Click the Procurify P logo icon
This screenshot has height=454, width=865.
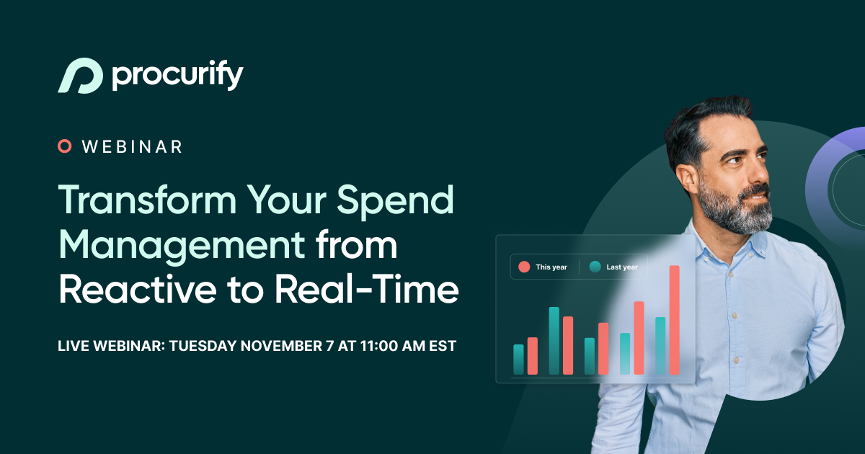79,75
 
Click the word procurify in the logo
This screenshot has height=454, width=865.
177,76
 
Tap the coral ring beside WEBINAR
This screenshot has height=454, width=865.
65,146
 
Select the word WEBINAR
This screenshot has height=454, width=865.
132,147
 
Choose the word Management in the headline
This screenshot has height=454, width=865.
182,245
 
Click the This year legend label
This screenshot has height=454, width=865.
551,267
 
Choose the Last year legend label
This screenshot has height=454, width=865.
621,267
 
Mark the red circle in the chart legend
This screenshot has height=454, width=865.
524,267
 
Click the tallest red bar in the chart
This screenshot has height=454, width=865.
674,320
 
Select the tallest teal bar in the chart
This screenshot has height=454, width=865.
554,341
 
